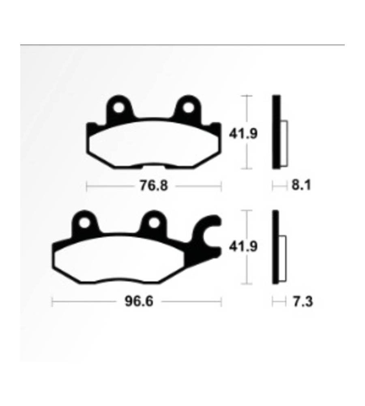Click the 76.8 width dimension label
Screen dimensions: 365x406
154,186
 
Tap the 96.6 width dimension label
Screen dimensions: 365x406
139,301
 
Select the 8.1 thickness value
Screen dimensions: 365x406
301,186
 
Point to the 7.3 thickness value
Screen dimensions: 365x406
303,302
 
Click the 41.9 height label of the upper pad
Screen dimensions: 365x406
243,134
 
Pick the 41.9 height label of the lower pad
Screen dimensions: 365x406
243,246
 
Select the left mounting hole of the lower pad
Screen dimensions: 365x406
84,222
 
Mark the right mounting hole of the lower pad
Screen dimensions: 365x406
154,222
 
